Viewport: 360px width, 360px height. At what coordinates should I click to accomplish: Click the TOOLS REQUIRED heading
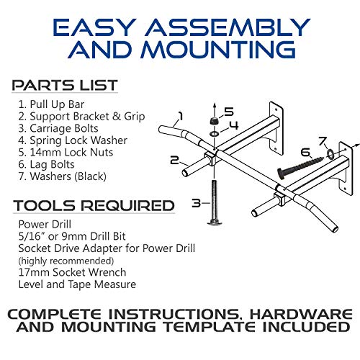click(x=94, y=205)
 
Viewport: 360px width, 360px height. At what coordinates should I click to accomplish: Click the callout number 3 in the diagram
click(x=197, y=204)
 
